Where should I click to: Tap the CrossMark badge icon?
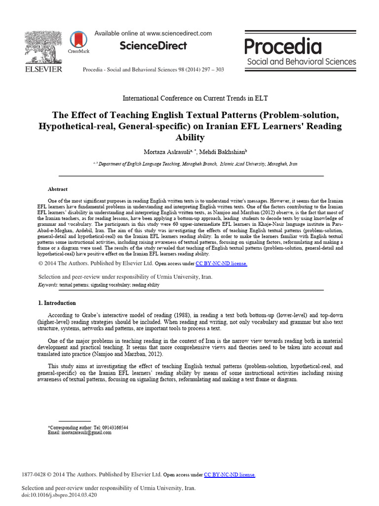pos(77,41)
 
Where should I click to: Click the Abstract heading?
pos(57,189)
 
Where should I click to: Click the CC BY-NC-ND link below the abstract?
pos(221,264)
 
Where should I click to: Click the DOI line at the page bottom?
pos(59,494)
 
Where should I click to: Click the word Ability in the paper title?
pos(190,137)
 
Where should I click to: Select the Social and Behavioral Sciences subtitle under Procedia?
pos(301,62)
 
